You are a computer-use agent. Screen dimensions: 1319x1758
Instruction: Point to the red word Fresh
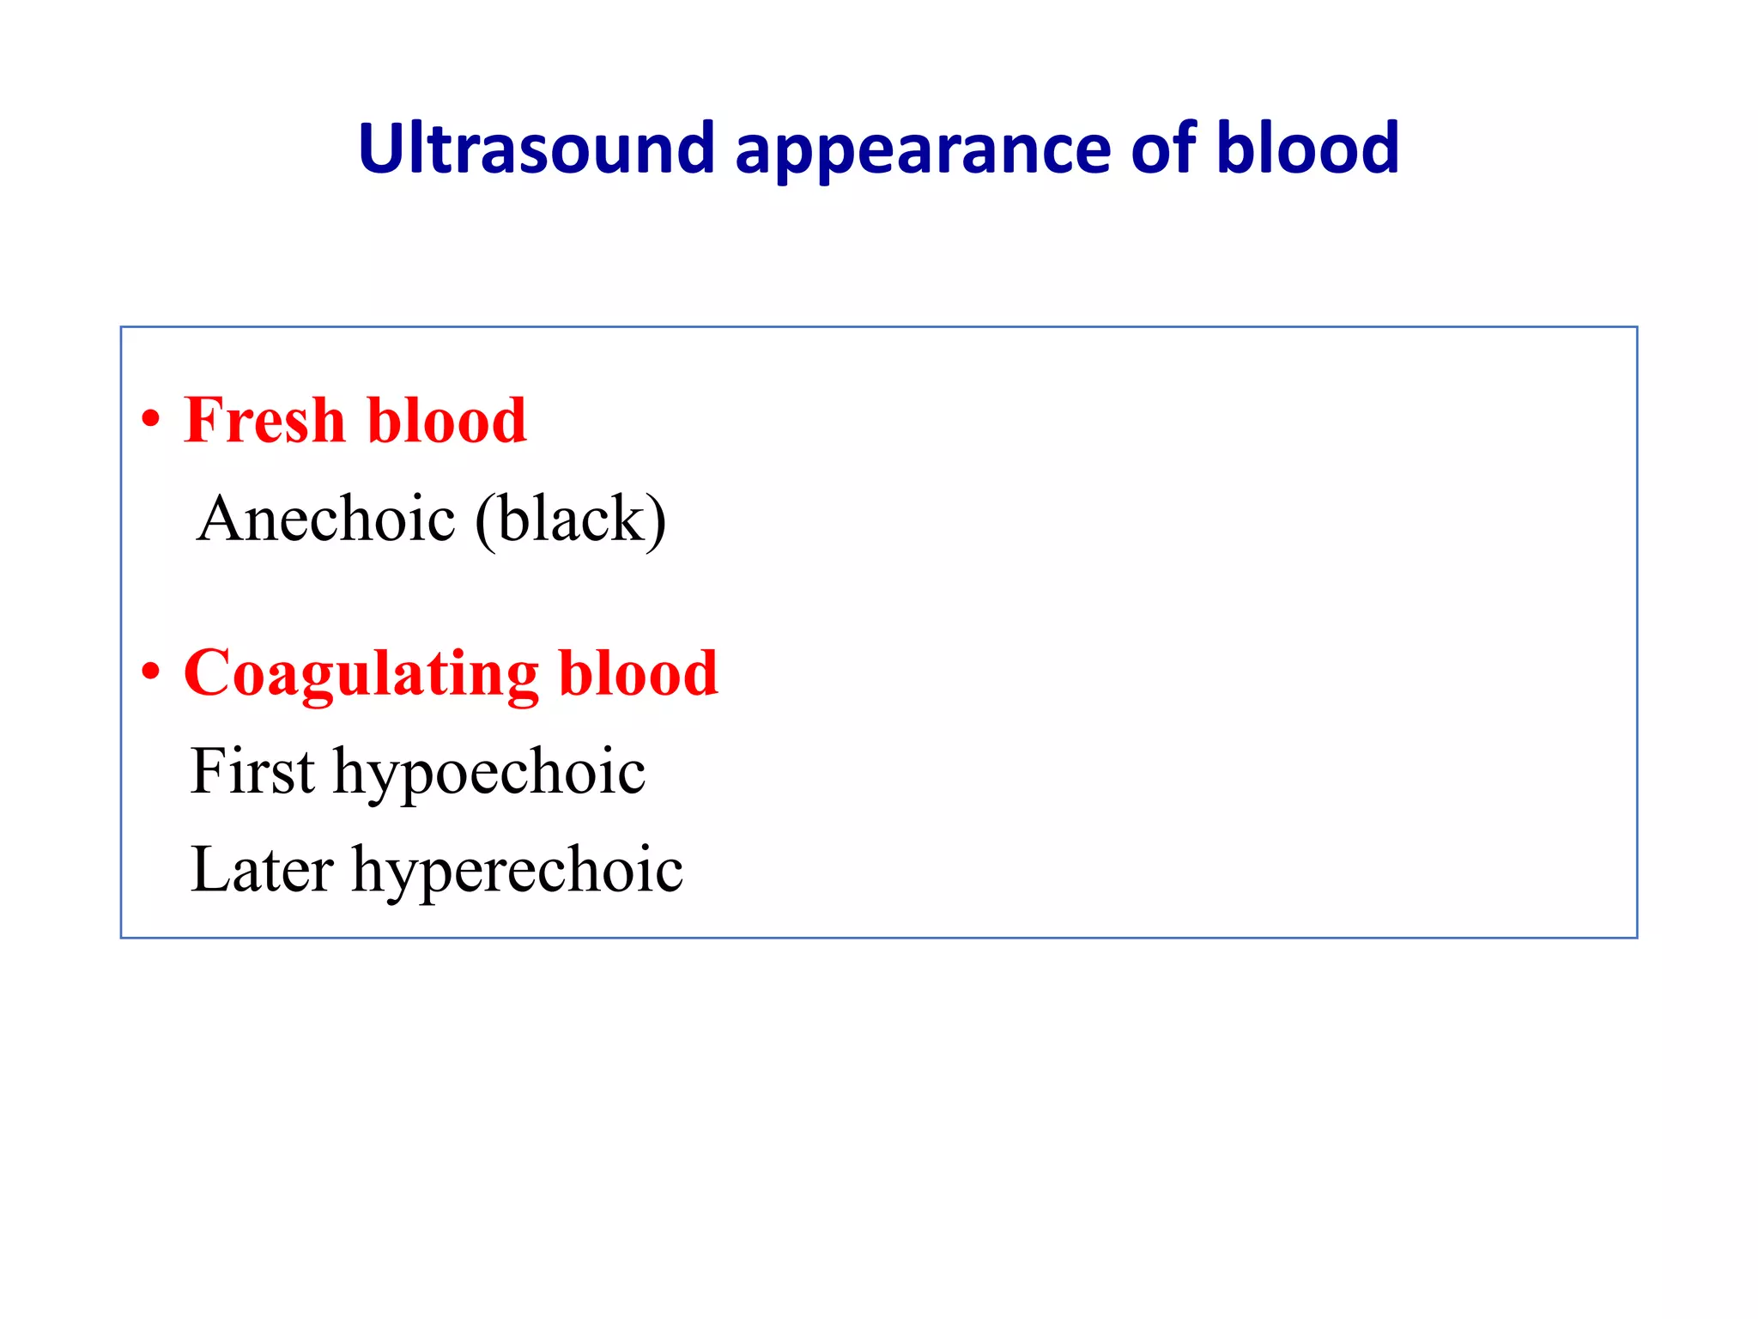264,421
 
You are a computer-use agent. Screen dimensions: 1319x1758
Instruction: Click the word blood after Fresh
446,421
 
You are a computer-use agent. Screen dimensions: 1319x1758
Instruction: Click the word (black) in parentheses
570,520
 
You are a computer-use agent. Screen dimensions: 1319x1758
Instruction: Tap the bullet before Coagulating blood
151,672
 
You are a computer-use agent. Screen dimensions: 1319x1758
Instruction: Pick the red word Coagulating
361,674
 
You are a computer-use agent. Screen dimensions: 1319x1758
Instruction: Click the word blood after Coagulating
637,672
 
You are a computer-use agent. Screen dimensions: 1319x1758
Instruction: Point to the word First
252,771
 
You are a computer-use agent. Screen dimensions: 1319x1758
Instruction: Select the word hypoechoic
489,773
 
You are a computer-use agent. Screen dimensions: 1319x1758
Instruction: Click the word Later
261,869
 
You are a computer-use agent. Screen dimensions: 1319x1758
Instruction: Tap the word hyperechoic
518,871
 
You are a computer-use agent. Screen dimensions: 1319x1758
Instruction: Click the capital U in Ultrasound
379,149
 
